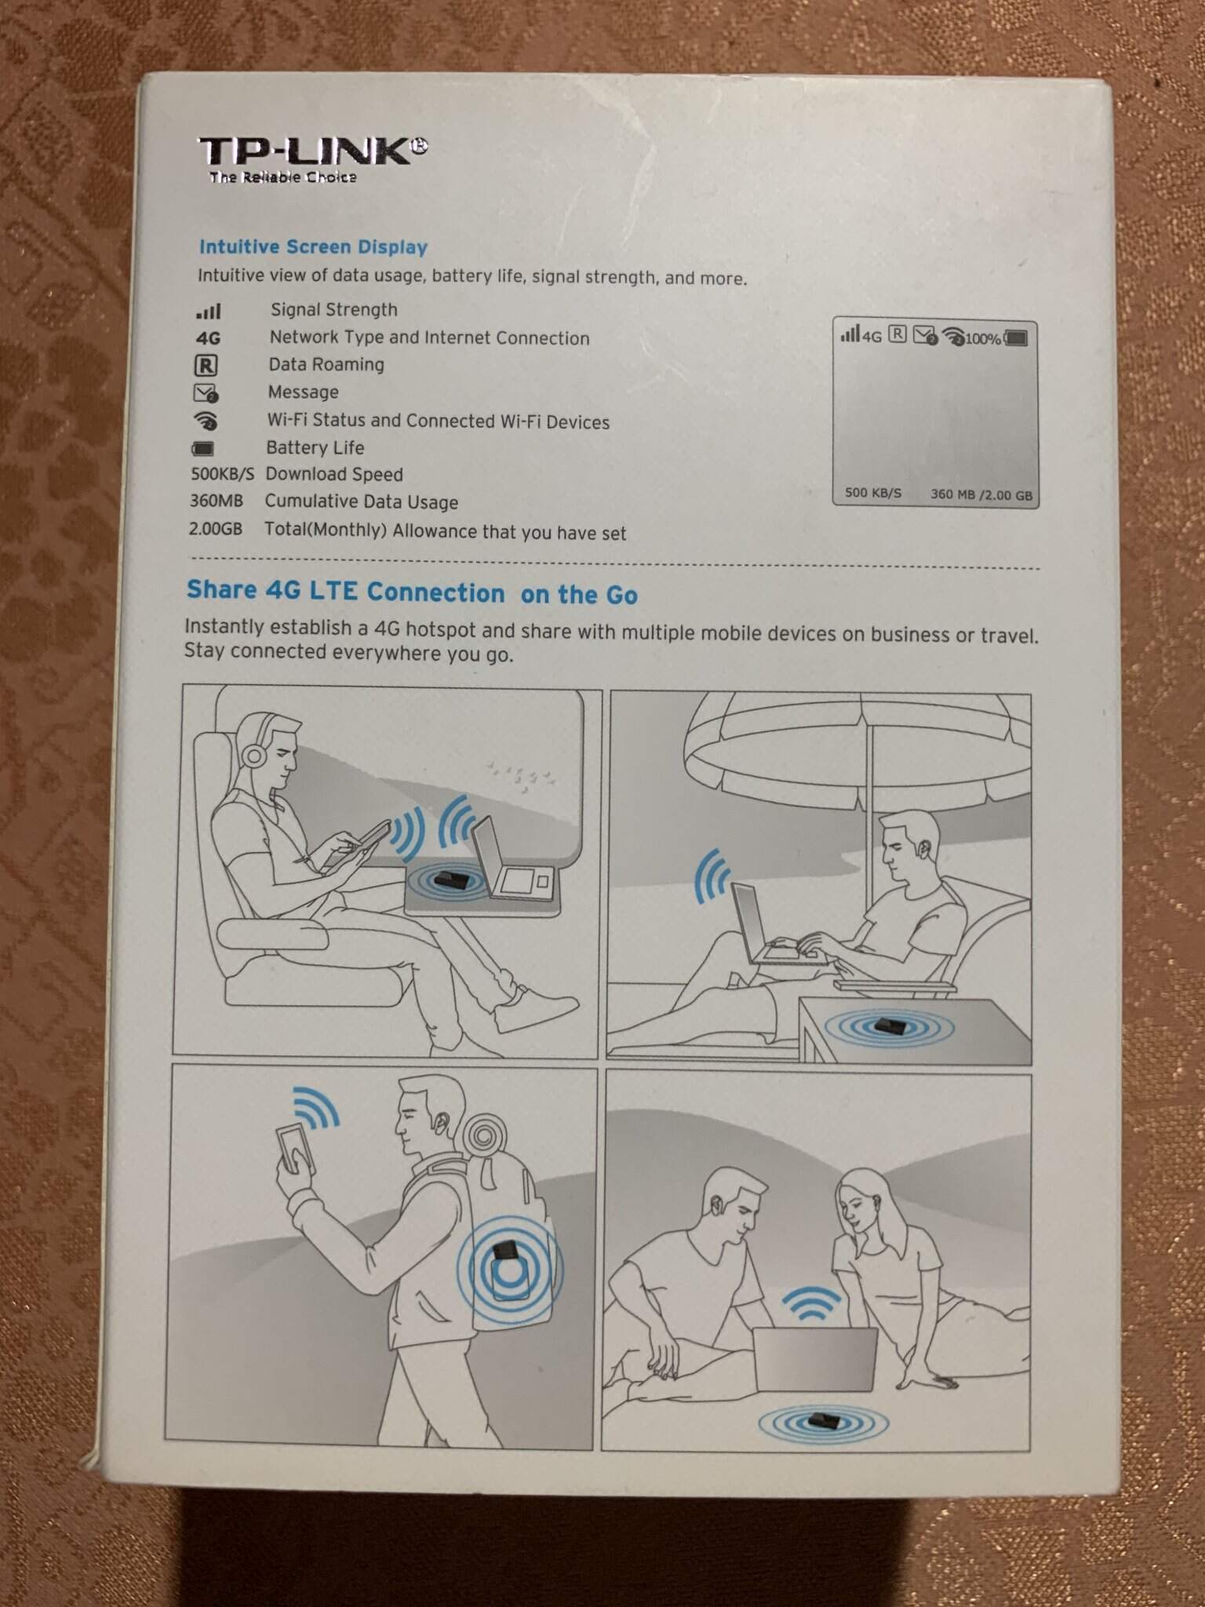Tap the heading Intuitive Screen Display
click(x=313, y=247)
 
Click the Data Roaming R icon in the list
click(x=206, y=366)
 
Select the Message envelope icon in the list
click(x=206, y=393)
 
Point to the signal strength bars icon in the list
click(x=209, y=312)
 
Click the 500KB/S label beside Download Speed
click(x=223, y=474)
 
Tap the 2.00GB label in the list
click(x=216, y=529)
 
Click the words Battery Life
click(x=315, y=448)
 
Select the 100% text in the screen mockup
click(x=982, y=339)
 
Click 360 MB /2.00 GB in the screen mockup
click(x=981, y=495)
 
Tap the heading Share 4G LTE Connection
click(x=345, y=592)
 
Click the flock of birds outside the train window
click(x=521, y=774)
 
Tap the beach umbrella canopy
click(x=857, y=757)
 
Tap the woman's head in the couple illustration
click(x=863, y=1207)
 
